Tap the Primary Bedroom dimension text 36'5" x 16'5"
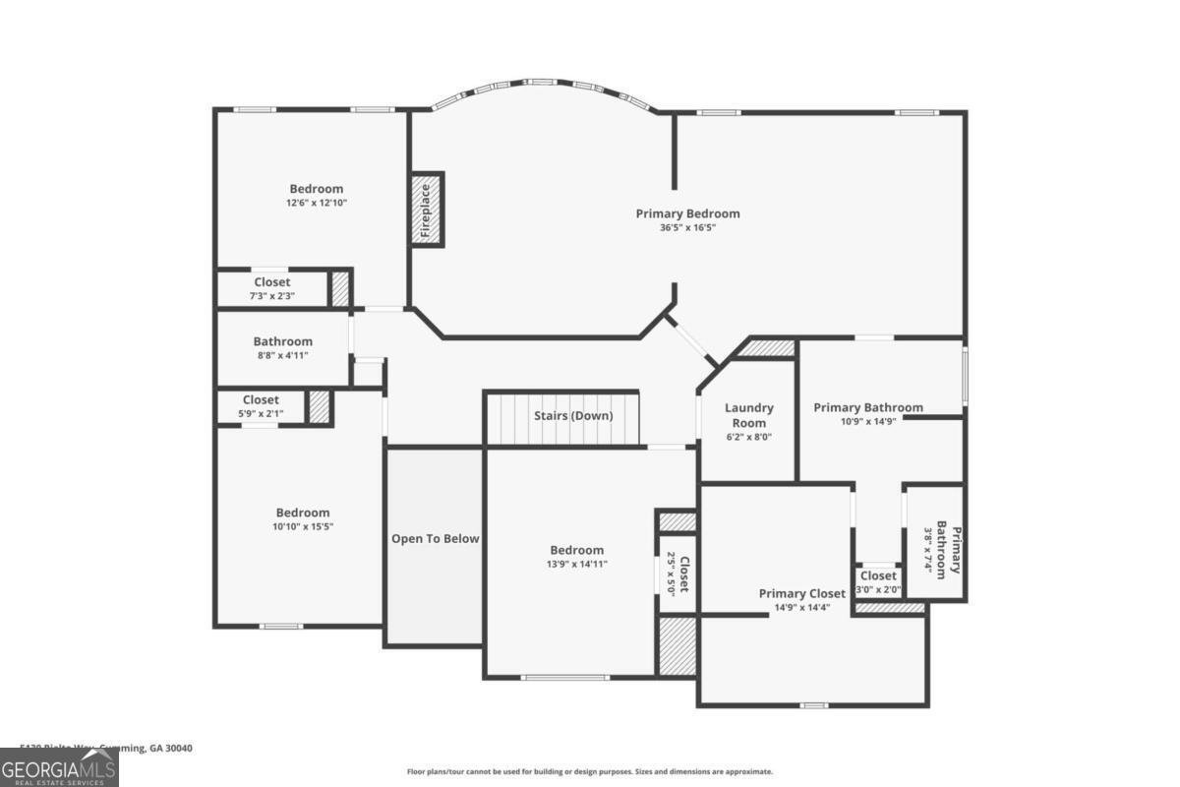(x=687, y=227)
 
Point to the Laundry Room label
(x=749, y=415)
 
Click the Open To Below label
(x=436, y=538)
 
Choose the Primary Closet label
(x=801, y=593)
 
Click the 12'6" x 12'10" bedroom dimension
(x=317, y=203)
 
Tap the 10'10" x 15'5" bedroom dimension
(x=303, y=527)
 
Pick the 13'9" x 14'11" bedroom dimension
(x=577, y=564)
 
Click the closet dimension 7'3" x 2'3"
(x=271, y=295)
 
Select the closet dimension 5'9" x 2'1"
(x=261, y=413)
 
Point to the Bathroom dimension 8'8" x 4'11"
(x=282, y=355)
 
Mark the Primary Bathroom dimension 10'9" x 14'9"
(x=868, y=420)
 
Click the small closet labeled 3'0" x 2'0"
(x=878, y=582)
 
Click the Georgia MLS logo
(x=59, y=767)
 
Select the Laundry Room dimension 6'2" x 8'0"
(x=749, y=437)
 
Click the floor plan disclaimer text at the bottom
(x=590, y=772)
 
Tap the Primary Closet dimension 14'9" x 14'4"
(x=801, y=607)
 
